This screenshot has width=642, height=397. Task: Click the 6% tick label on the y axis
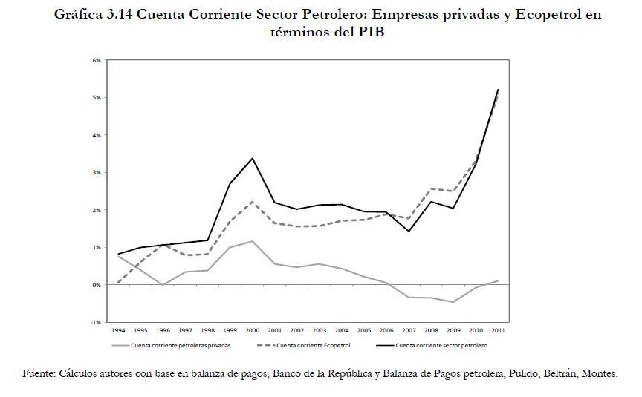[97, 60]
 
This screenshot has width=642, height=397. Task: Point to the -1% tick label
[97, 322]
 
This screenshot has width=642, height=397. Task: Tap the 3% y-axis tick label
[97, 172]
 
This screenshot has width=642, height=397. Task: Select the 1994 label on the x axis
[117, 329]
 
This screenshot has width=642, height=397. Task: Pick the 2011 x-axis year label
[498, 329]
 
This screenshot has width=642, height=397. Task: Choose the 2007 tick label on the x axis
[409, 329]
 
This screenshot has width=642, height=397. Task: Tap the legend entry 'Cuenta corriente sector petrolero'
[441, 345]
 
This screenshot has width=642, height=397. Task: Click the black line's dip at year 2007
[409, 231]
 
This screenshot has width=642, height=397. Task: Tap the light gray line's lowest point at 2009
[453, 302]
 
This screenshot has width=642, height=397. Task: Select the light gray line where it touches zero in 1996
[162, 284]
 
